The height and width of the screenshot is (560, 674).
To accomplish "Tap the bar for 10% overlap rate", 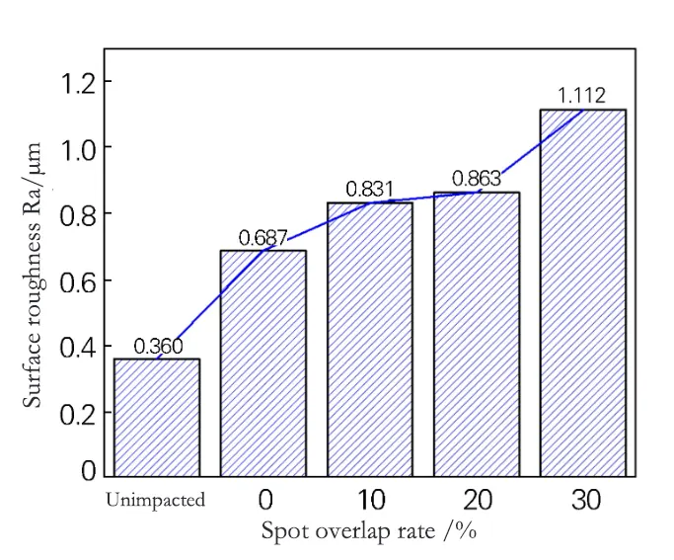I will click(x=370, y=340).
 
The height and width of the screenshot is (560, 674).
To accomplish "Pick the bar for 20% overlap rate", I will click(x=477, y=335).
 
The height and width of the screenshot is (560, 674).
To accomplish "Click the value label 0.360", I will click(x=158, y=346).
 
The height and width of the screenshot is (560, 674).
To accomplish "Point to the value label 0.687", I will click(x=263, y=238).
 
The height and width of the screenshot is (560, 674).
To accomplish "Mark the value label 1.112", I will click(x=582, y=96).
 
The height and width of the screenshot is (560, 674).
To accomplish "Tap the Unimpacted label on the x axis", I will click(x=156, y=500).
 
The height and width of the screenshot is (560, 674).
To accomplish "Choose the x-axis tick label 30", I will click(x=585, y=500).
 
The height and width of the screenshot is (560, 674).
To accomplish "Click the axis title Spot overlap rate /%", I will click(x=369, y=531).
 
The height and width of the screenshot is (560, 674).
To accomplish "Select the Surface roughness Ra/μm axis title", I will click(x=35, y=275).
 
